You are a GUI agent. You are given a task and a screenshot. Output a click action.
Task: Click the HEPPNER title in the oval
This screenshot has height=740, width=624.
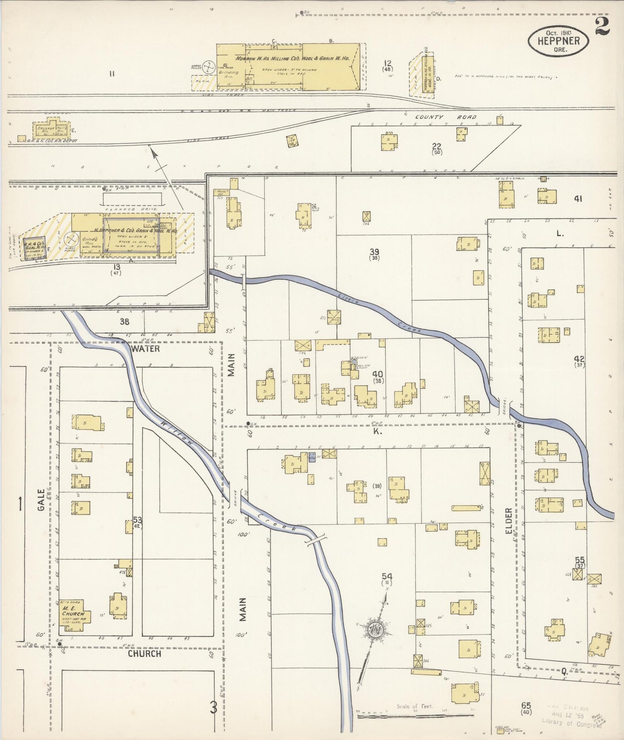coord(558,41)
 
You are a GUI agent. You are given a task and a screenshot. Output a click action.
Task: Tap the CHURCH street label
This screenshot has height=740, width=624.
coord(144,654)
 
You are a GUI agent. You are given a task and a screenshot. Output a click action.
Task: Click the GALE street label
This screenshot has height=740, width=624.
coord(41,500)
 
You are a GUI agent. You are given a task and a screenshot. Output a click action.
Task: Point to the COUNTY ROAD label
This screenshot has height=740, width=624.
coord(446,117)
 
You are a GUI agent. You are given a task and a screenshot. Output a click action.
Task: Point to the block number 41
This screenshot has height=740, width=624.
coord(578,199)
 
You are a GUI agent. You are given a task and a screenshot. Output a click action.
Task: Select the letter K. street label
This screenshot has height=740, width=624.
coord(377,431)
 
